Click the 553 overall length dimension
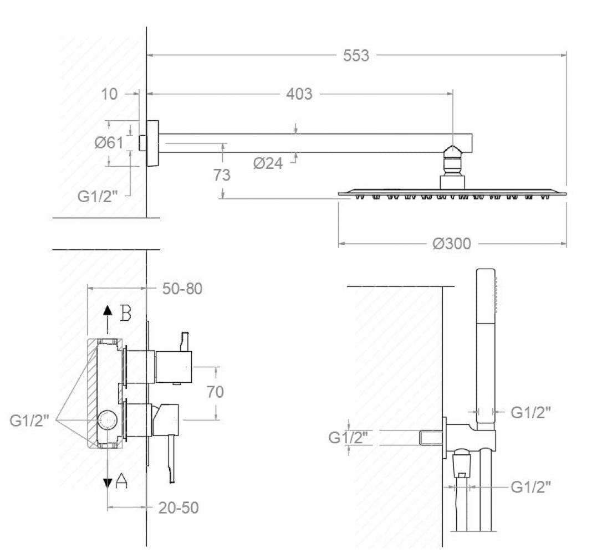356,55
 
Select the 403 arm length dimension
299,94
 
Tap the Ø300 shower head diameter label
452,244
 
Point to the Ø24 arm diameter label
268,163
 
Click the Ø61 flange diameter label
109,142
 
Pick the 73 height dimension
222,175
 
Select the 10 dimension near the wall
109,94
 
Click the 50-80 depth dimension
182,289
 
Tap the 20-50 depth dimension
178,507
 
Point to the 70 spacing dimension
215,392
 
